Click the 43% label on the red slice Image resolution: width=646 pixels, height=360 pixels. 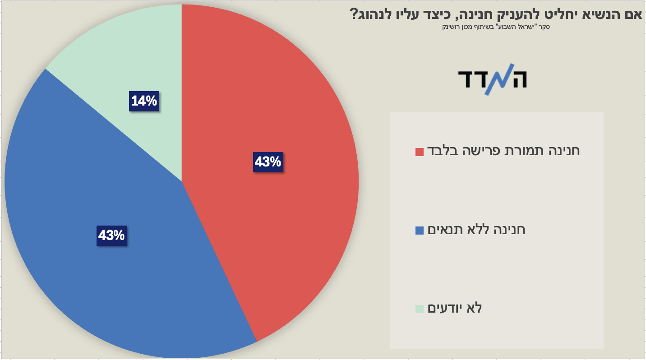click(x=268, y=162)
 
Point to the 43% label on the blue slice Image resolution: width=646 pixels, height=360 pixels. click(x=111, y=235)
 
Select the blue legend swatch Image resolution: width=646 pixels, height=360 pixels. click(x=420, y=231)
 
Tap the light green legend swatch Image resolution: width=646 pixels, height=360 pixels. click(x=420, y=309)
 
